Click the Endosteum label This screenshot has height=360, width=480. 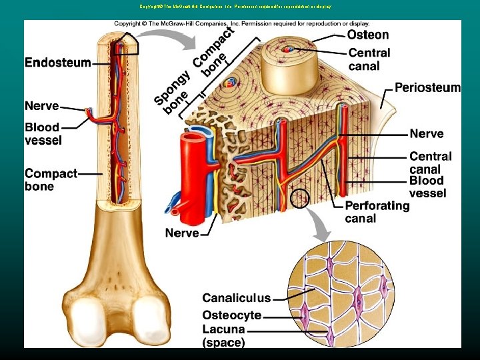(58, 63)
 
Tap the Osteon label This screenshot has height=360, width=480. (368, 35)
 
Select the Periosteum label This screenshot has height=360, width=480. (427, 87)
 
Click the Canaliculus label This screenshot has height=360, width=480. (237, 298)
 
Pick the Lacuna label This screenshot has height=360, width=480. (224, 329)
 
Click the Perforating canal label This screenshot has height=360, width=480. (377, 212)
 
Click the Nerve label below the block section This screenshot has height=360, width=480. (182, 233)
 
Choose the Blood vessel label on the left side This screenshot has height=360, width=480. (43, 133)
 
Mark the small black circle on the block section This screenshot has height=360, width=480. (301, 198)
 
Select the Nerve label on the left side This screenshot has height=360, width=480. (41, 106)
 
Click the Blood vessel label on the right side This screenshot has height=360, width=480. (427, 187)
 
